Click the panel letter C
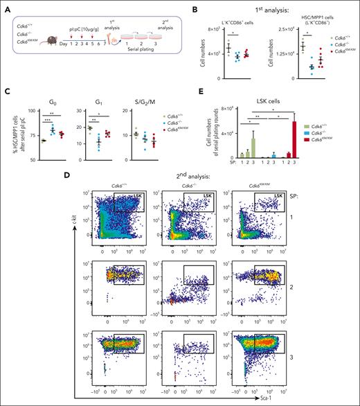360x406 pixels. (x=7, y=94)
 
